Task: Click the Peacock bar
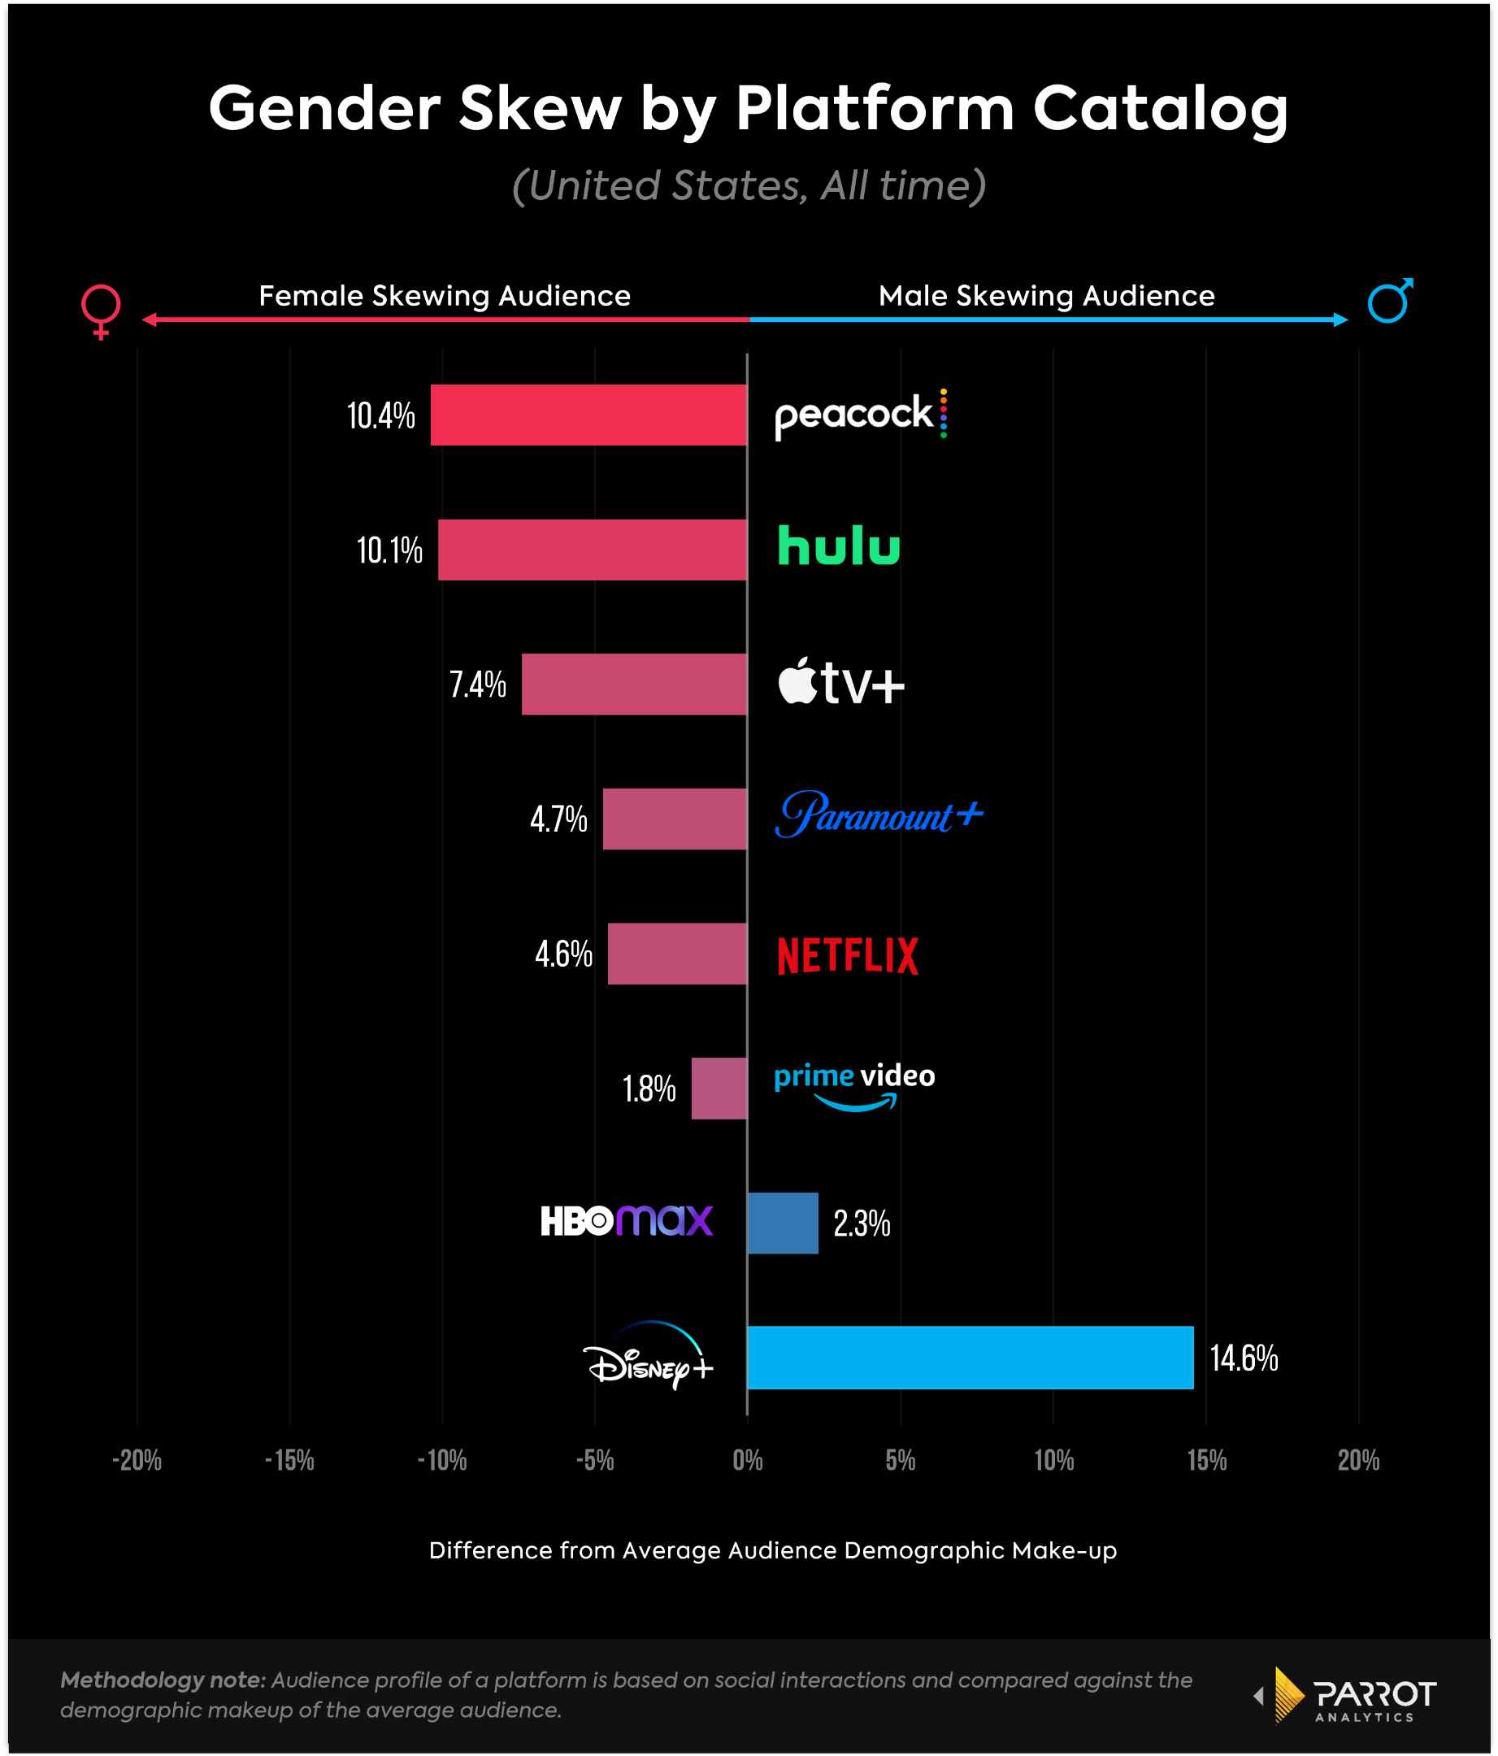(x=588, y=415)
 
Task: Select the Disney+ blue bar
(x=970, y=1357)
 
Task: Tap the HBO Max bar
(x=783, y=1223)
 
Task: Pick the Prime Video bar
(x=719, y=1089)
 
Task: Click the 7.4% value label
(x=478, y=684)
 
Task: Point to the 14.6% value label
(x=1243, y=1358)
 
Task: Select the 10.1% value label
(x=389, y=550)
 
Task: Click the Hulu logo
(x=839, y=545)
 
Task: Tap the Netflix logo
(x=847, y=955)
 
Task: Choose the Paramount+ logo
(x=879, y=815)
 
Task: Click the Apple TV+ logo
(x=841, y=681)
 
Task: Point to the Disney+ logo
(x=648, y=1356)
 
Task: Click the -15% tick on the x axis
(x=290, y=1460)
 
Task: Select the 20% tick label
(x=1358, y=1460)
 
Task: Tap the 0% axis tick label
(x=747, y=1460)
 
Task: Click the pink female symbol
(x=101, y=311)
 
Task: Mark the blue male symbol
(x=1390, y=300)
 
